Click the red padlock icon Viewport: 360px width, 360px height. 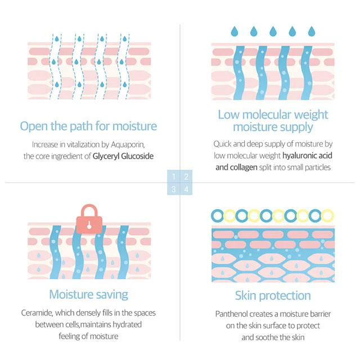(89, 219)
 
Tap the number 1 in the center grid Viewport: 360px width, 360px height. (174, 177)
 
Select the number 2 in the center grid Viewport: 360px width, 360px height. (186, 177)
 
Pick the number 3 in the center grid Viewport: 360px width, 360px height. (174, 189)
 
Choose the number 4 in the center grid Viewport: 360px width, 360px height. (186, 189)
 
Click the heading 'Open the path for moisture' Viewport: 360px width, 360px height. (88, 127)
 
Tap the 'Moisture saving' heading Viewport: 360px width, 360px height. (89, 295)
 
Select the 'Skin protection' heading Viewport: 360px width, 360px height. (273, 296)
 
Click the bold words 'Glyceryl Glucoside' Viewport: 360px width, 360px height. (123, 156)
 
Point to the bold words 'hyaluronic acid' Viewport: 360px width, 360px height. (307, 155)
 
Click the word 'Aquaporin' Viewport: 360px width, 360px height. (128, 145)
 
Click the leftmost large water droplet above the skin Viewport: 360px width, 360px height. (235, 31)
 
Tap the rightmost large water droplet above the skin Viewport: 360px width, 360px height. (312, 31)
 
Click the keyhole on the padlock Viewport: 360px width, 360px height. (89, 226)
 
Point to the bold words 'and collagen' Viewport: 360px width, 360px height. (236, 168)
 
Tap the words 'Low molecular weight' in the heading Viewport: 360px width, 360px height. (273, 115)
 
